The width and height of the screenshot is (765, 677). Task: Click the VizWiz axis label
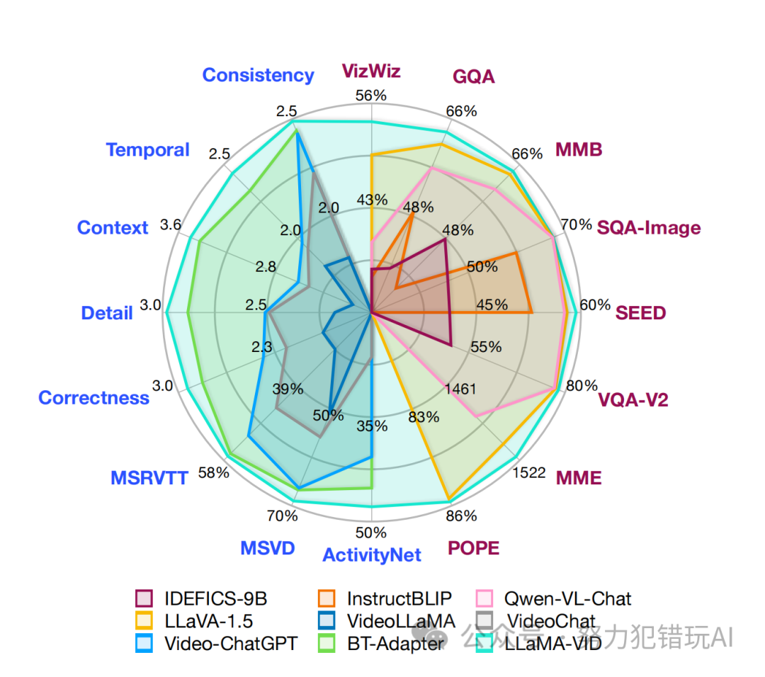[371, 71]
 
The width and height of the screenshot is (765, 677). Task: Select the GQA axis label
[473, 76]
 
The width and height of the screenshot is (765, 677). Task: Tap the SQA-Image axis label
[648, 227]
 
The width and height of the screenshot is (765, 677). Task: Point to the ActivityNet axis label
[371, 554]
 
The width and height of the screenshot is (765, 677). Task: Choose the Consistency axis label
[258, 75]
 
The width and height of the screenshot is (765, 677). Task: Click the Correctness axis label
[93, 398]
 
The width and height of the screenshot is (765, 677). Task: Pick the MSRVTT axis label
[149, 478]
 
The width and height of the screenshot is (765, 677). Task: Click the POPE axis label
[473, 548]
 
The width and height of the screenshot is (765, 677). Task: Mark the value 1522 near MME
[529, 472]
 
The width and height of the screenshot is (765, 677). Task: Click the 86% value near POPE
[461, 516]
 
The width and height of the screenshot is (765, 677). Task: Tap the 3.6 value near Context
[171, 225]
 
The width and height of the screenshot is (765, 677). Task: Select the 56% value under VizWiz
[371, 96]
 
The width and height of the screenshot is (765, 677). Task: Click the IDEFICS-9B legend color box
[144, 598]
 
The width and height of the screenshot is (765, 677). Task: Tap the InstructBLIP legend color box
[329, 598]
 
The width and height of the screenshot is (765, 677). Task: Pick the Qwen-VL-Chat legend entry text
[567, 598]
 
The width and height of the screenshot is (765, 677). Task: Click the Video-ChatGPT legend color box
[144, 644]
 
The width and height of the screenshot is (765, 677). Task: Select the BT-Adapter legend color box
[329, 644]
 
